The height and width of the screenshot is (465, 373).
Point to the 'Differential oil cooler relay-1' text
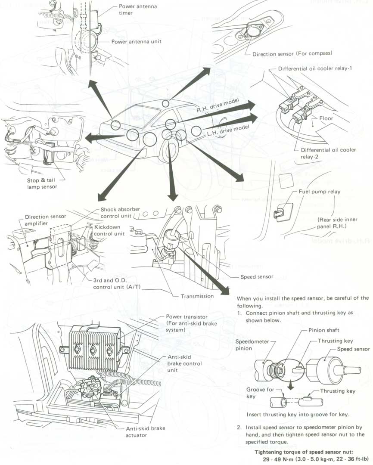pyautogui.click(x=315, y=68)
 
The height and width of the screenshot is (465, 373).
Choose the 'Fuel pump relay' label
pyautogui.click(x=319, y=192)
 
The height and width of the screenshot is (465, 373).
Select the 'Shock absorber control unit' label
pyautogui.click(x=120, y=213)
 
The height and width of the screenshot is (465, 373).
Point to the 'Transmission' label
pyautogui.click(x=197, y=296)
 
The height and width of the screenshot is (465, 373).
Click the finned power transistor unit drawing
pyautogui.click(x=93, y=343)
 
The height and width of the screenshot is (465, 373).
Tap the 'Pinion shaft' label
pyautogui.click(x=324, y=330)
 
